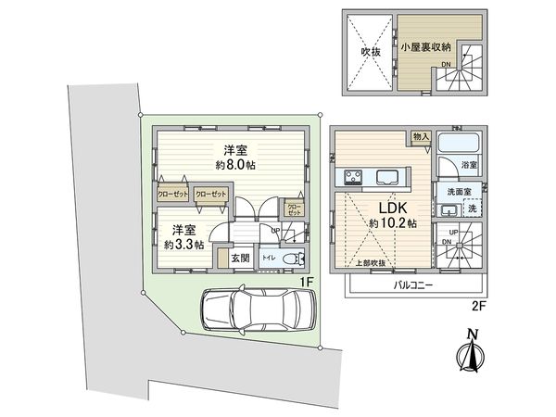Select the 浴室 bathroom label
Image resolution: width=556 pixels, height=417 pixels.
click(x=470, y=164)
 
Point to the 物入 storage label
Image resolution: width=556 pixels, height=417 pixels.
click(x=421, y=137)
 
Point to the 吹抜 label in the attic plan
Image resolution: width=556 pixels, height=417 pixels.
click(x=371, y=52)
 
